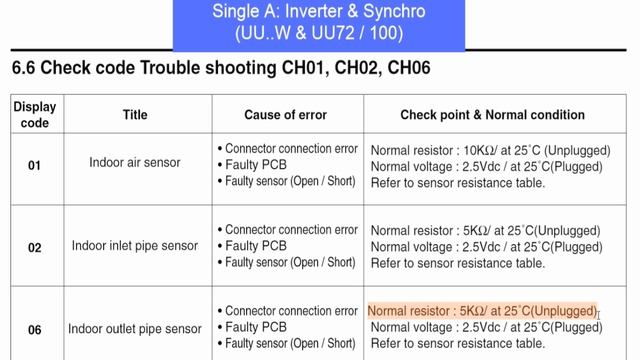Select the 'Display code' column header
click(x=34, y=115)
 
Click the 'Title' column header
click(x=135, y=115)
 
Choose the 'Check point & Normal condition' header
click(x=493, y=115)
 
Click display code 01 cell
click(x=34, y=164)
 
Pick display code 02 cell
click(x=34, y=246)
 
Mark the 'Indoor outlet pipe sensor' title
click(x=135, y=328)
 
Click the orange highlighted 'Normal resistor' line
click(x=481, y=311)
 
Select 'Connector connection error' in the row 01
click(x=290, y=148)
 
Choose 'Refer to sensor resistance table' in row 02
click(x=458, y=263)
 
